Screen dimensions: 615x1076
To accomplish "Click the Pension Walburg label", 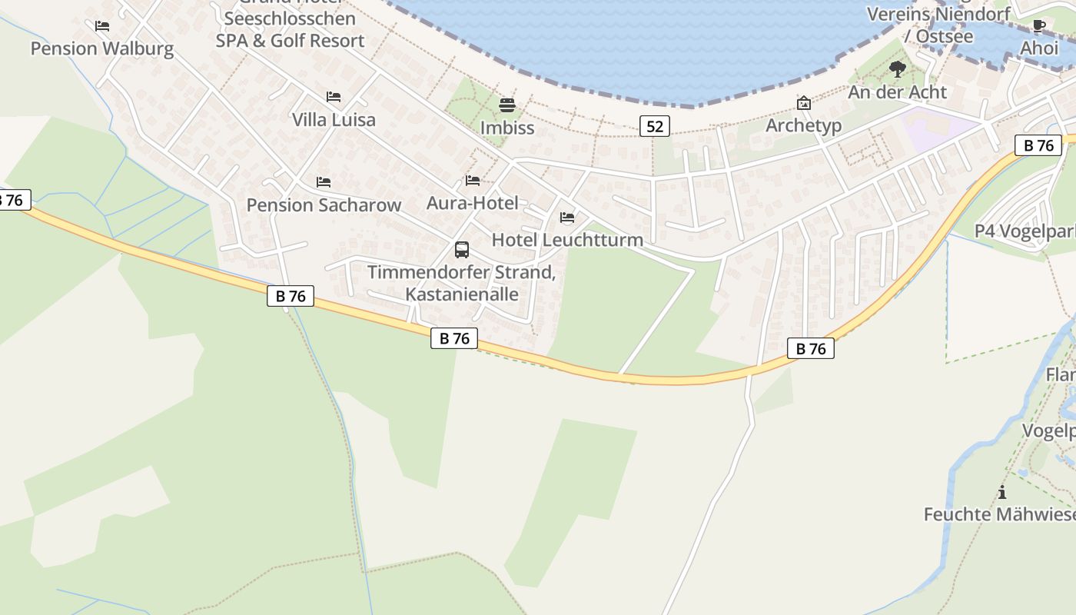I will (101, 49).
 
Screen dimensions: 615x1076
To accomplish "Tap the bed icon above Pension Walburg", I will (101, 26).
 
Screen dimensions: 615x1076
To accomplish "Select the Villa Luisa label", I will (334, 120).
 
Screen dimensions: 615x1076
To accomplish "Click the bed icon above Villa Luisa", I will (334, 97).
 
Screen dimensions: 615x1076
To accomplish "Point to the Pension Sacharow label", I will (324, 205).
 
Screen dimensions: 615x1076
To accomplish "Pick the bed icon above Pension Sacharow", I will (324, 182).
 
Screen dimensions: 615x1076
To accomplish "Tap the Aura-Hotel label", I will (473, 204).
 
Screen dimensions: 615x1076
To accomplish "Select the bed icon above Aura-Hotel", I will (473, 181).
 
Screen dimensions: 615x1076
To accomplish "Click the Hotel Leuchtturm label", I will (567, 240).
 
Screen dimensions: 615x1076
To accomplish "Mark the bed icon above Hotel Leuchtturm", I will (567, 218).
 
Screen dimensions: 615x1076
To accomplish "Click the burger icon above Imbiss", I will (506, 105).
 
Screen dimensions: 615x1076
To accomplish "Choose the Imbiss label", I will (507, 128).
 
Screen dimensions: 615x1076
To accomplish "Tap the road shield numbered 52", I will (655, 126).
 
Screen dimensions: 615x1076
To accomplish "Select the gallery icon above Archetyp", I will (803, 103).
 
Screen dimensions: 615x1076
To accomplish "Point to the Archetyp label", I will (803, 125).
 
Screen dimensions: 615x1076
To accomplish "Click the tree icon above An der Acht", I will (897, 70).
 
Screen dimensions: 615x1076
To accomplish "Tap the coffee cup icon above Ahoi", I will (1039, 26).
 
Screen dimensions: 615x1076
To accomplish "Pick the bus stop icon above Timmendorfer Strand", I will (461, 250).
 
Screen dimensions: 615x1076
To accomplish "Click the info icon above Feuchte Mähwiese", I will (1001, 492).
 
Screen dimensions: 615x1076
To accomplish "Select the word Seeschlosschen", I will (290, 18).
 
